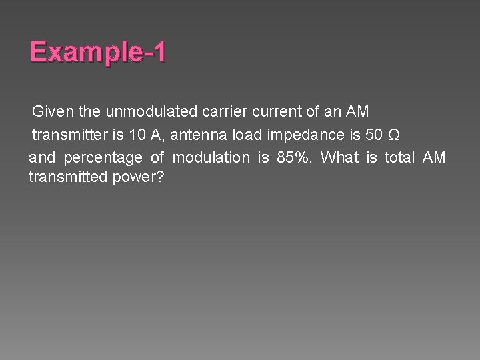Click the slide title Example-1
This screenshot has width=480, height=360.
click(x=99, y=53)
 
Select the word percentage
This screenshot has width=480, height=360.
click(x=103, y=158)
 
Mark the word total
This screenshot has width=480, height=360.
click(x=399, y=158)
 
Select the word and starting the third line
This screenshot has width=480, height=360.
click(x=42, y=158)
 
